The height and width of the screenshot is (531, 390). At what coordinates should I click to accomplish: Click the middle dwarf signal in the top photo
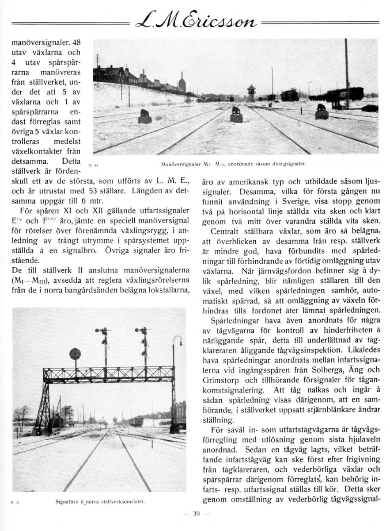236,114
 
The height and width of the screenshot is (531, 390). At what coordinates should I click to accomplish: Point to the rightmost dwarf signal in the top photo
322,112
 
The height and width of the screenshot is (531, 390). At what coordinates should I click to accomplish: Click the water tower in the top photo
251,92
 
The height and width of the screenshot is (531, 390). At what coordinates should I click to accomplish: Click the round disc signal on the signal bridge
75,354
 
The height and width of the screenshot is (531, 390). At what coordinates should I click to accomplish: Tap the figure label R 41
14,503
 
